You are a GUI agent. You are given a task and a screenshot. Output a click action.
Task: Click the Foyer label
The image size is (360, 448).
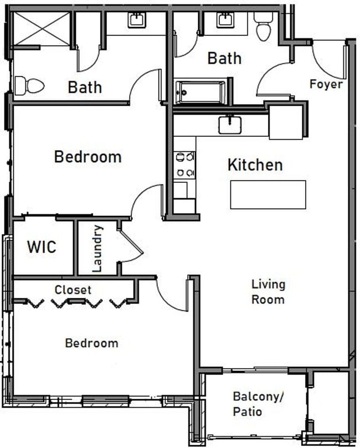click(326, 85)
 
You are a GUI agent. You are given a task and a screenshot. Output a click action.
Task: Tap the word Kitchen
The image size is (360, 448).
click(255, 164)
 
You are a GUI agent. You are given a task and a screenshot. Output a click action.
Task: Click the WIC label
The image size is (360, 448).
click(42, 246)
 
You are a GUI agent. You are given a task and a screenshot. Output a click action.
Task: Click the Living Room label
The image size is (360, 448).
click(268, 292)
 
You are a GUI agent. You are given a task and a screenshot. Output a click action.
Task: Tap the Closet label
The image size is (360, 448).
click(73, 290)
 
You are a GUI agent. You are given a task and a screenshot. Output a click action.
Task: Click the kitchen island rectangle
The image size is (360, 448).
click(268, 194)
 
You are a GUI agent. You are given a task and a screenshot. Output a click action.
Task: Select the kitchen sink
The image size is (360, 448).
click(229, 125)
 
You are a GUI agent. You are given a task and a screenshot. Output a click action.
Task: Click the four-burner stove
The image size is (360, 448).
click(184, 164)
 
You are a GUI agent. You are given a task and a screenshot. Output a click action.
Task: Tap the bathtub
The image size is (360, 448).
click(200, 91)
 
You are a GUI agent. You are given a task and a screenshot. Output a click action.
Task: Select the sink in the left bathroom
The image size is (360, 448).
click(136, 20)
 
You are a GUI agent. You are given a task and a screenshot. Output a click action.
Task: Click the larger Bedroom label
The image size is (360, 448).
click(88, 157)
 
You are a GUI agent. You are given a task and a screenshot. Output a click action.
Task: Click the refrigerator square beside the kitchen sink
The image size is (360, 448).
click(286, 122)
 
